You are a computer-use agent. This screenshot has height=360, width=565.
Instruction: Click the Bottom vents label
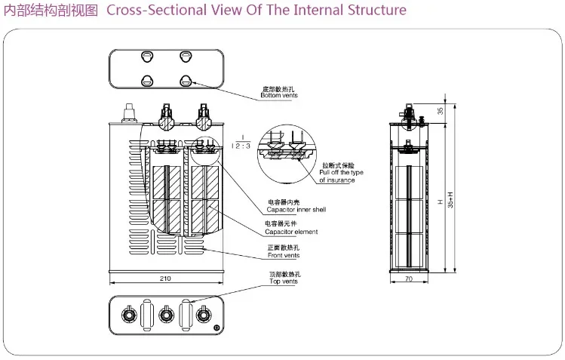279,96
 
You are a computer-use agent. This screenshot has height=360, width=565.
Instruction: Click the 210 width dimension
165,278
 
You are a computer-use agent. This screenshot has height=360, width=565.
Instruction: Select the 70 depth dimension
409,278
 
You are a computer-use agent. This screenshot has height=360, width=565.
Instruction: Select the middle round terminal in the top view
167,312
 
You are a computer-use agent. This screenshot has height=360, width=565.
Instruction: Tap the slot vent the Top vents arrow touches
183,312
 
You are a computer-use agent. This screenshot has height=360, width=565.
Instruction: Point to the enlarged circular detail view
289,147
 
